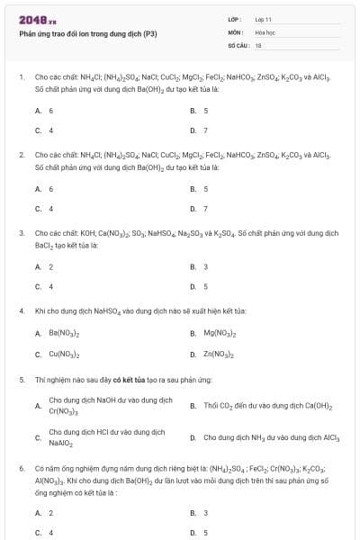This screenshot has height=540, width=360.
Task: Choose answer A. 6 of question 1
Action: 44,111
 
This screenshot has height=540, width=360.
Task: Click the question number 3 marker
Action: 22,232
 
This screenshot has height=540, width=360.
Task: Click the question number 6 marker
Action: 22,469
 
